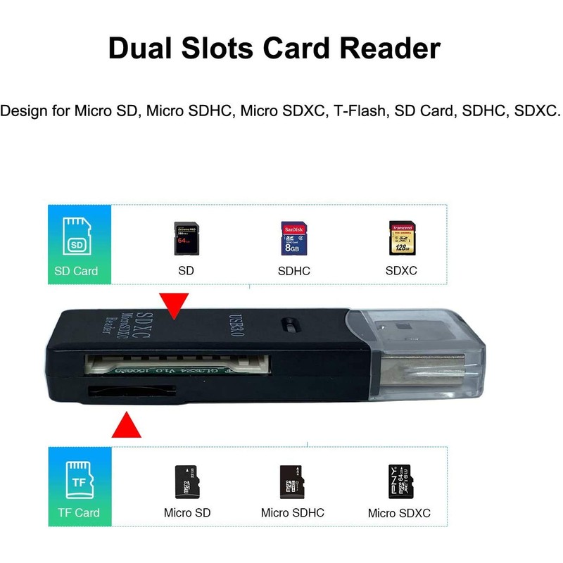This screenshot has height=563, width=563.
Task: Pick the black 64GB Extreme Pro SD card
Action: point(186,239)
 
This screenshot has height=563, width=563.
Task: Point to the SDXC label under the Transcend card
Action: point(402,271)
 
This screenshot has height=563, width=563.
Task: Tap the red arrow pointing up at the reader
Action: point(127,424)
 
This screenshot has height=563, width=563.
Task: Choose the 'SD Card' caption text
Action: point(77,271)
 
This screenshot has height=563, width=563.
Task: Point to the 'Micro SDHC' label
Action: point(293,512)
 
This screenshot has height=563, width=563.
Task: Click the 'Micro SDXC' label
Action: point(399,513)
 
